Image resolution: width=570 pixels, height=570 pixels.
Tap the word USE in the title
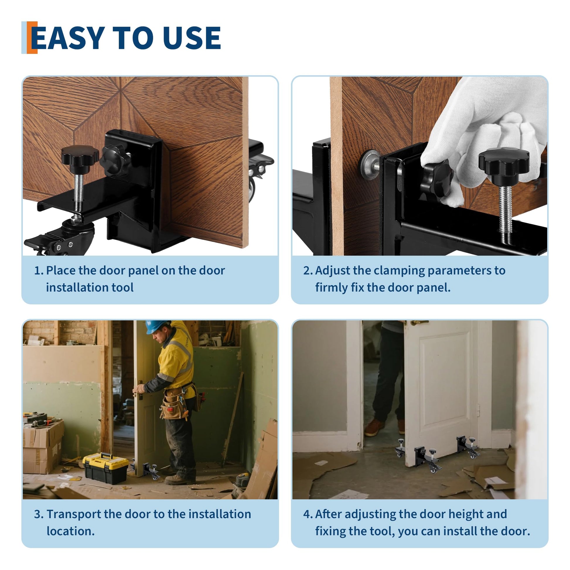[192, 38]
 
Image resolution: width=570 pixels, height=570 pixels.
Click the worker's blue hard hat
[157, 327]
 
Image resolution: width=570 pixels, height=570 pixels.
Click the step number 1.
[39, 271]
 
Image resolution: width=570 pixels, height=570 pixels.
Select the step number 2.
[308, 271]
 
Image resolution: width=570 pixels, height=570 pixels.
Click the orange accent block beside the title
[32, 37]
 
